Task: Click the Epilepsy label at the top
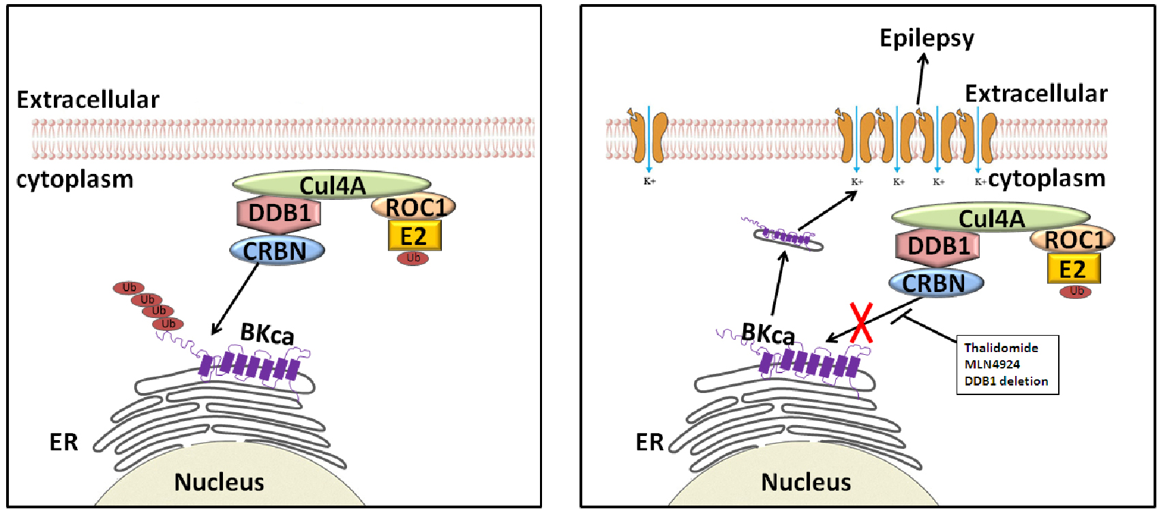tap(927, 38)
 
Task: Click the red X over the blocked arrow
tap(861, 323)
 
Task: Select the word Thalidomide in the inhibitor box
tap(1001, 348)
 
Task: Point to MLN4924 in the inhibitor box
tap(992, 364)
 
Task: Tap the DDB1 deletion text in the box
tap(1006, 381)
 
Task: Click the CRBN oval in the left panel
tap(277, 251)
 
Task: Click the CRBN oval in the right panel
tap(935, 283)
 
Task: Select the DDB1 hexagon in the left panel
tap(279, 214)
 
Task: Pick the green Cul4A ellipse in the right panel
tap(991, 218)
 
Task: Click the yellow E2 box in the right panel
tap(1074, 269)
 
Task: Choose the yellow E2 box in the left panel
tap(415, 236)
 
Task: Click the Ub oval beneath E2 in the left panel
tap(413, 258)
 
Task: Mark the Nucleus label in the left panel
tap(219, 482)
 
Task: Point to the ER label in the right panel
tap(649, 442)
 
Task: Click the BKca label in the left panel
tap(267, 334)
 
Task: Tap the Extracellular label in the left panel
tap(88, 100)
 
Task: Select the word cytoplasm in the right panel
tap(1047, 179)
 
